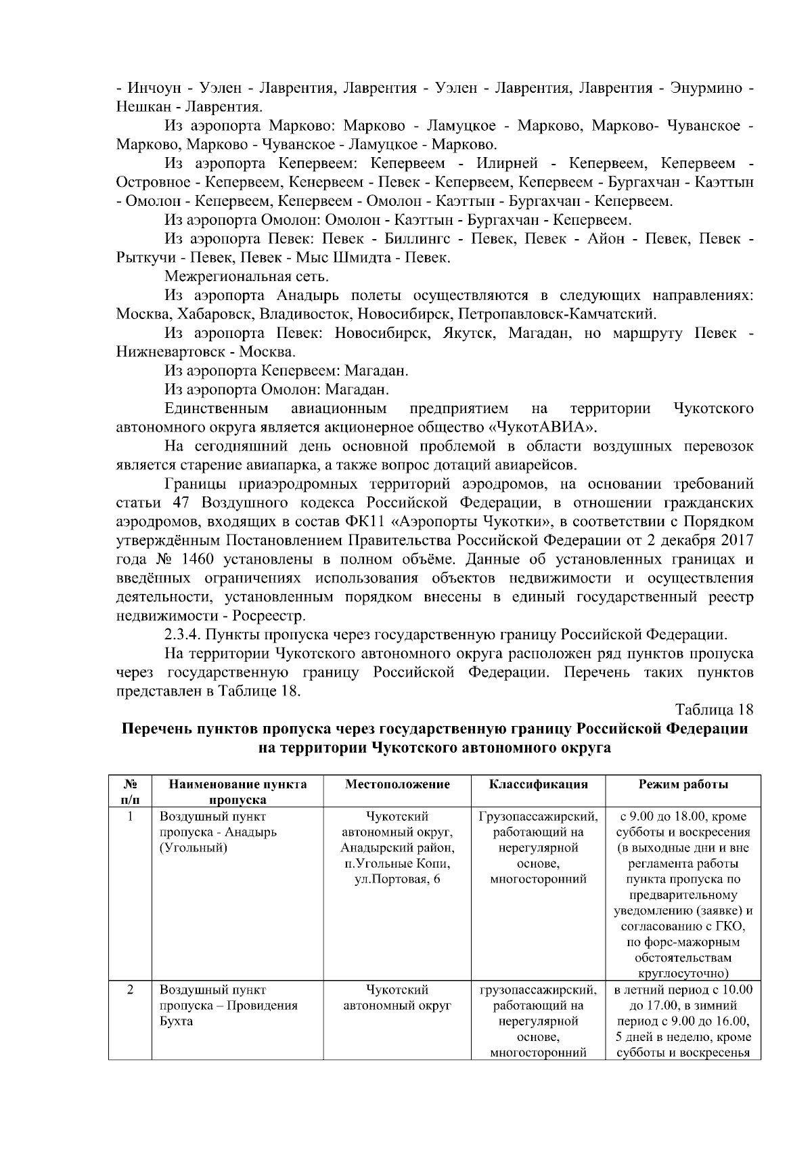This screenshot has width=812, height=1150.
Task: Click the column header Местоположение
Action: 397,784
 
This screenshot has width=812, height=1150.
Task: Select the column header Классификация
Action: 538,784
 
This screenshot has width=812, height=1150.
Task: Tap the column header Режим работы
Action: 683,784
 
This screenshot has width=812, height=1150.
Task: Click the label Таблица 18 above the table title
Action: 714,710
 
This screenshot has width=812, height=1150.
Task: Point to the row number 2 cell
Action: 130,990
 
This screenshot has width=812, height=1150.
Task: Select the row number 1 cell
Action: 130,817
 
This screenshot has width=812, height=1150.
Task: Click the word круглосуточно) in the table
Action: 683,973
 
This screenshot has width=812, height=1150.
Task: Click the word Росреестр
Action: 269,616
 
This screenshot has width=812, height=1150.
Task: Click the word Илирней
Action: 507,163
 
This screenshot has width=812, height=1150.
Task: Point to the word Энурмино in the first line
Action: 706,88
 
